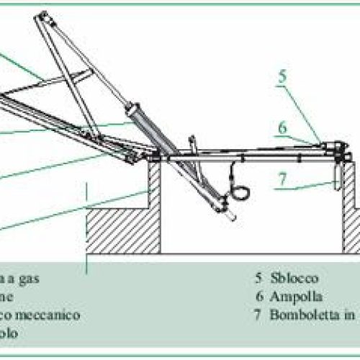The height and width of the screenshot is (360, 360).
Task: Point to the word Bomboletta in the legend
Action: click(300, 315)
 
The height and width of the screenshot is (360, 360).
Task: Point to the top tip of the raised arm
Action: click(43, 14)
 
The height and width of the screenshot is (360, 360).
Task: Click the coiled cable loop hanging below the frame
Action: click(235, 194)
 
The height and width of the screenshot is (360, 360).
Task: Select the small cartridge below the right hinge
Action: click(336, 175)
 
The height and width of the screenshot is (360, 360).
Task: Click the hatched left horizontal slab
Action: click(122, 230)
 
